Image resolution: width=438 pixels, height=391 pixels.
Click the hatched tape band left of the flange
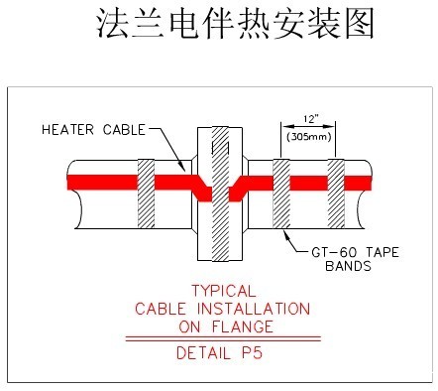[147, 195]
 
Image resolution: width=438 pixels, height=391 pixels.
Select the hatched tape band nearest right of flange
[280, 195]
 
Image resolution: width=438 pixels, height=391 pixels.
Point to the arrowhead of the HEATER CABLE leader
[187, 170]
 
